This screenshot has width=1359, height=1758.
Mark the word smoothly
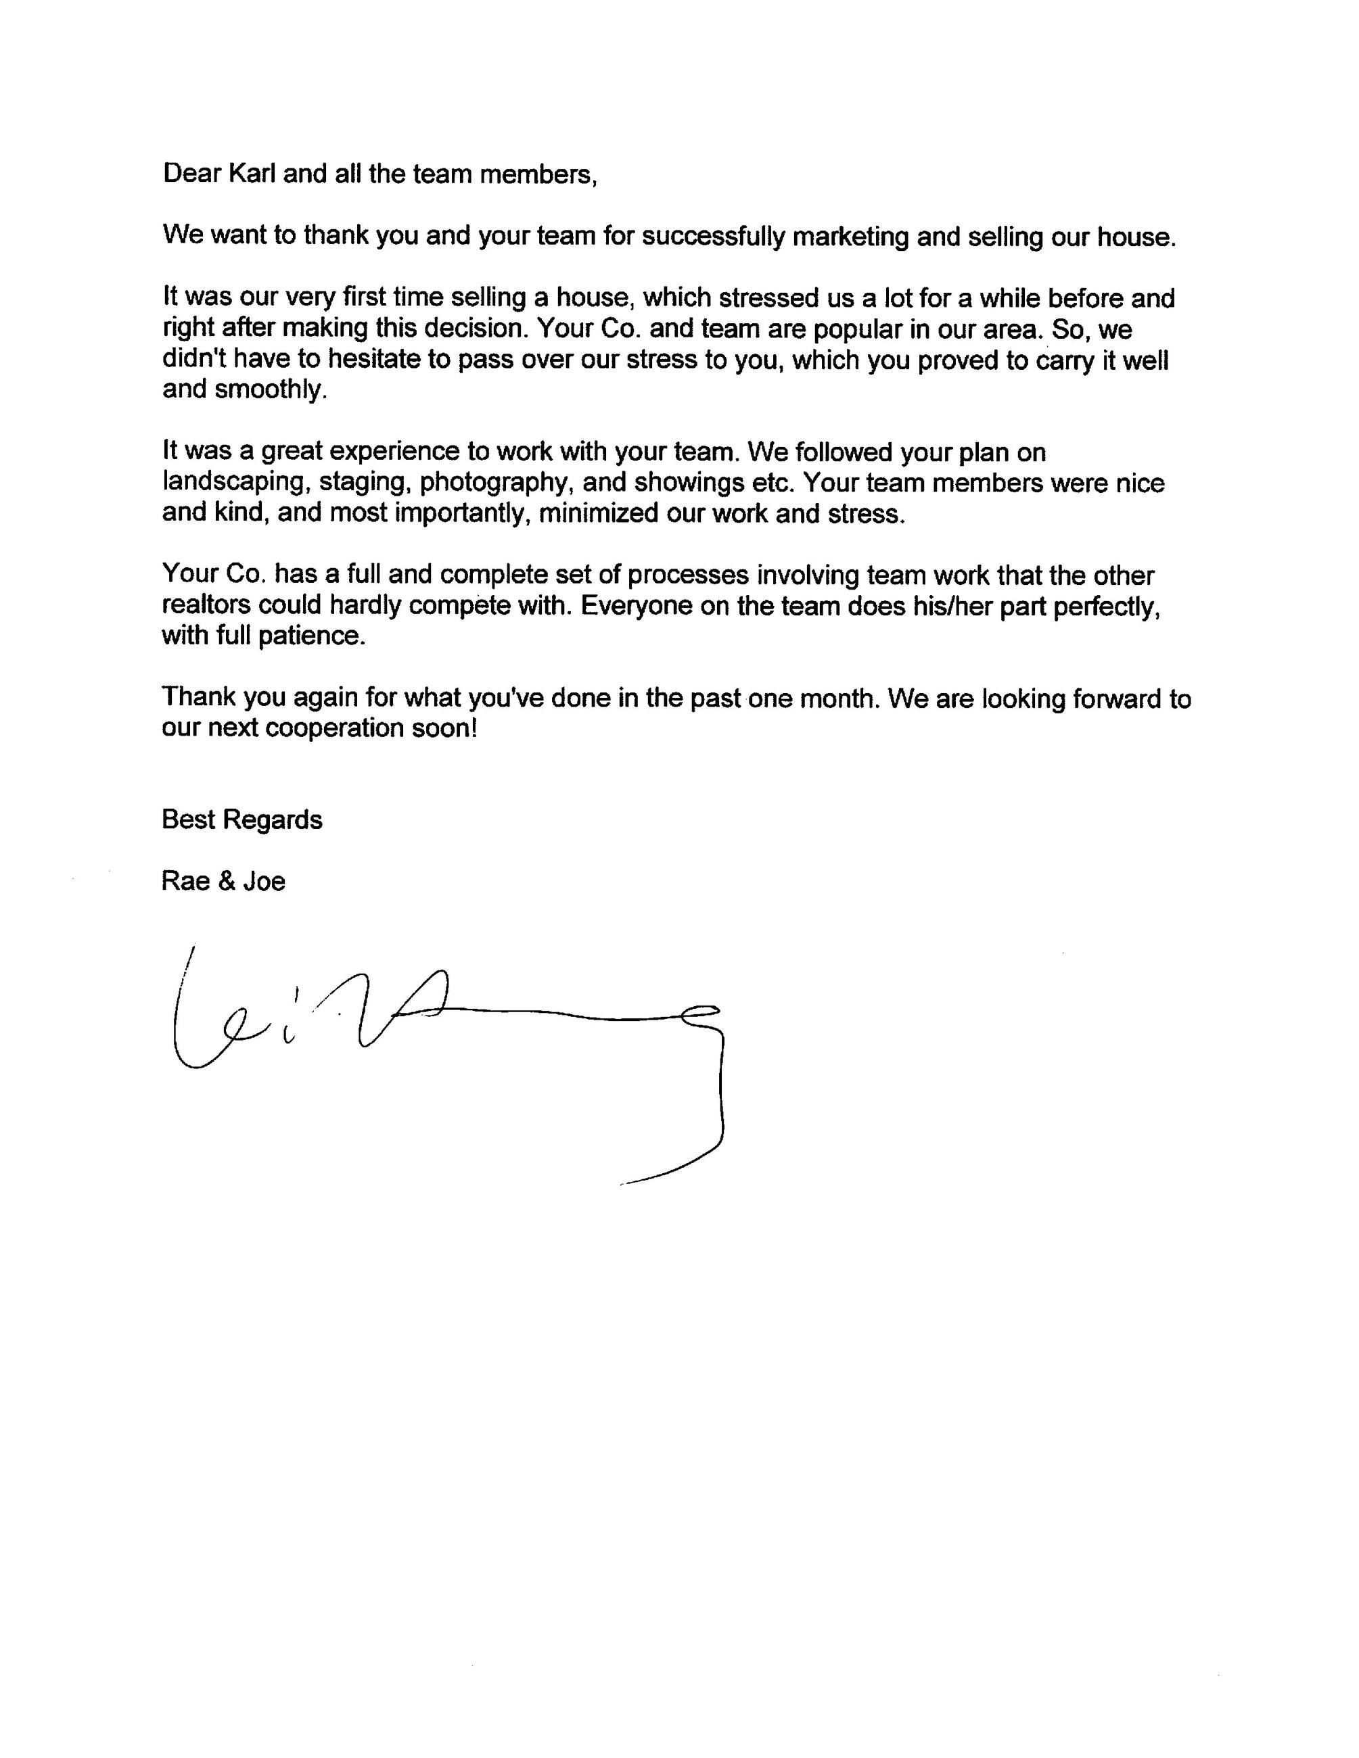click(271, 389)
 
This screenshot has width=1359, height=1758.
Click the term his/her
click(953, 605)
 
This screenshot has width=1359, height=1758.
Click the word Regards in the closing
click(272, 819)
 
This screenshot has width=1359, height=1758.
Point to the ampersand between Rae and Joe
click(227, 882)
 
